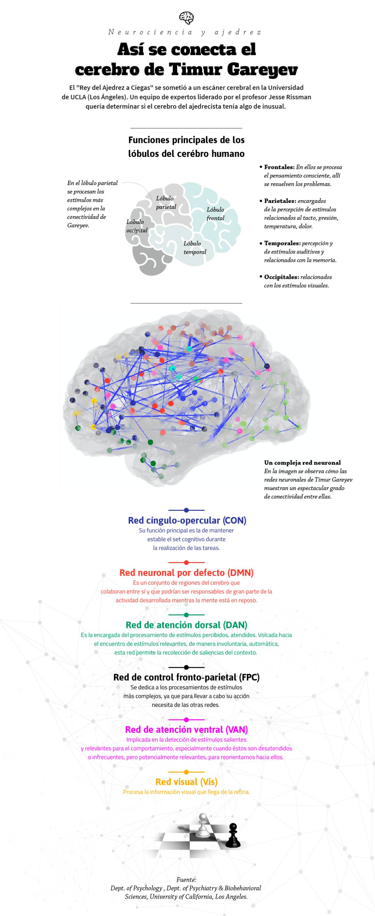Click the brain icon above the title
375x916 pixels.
(x=186, y=18)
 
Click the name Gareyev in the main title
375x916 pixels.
(x=262, y=70)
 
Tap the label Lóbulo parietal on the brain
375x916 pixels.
(x=166, y=202)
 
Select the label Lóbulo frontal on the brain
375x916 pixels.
(x=215, y=214)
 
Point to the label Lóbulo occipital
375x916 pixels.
(x=137, y=226)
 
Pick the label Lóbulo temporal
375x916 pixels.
(x=194, y=248)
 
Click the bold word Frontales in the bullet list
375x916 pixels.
(x=279, y=167)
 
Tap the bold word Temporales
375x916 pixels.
(x=282, y=243)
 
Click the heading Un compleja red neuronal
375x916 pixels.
(x=302, y=463)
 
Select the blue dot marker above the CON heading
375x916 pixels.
(x=186, y=510)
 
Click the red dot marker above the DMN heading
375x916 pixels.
(x=186, y=562)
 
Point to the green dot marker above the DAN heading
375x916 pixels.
(x=186, y=615)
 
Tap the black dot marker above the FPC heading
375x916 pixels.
(x=186, y=667)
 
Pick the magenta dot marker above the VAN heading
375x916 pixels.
(x=186, y=720)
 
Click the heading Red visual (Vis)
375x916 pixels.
(x=186, y=782)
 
